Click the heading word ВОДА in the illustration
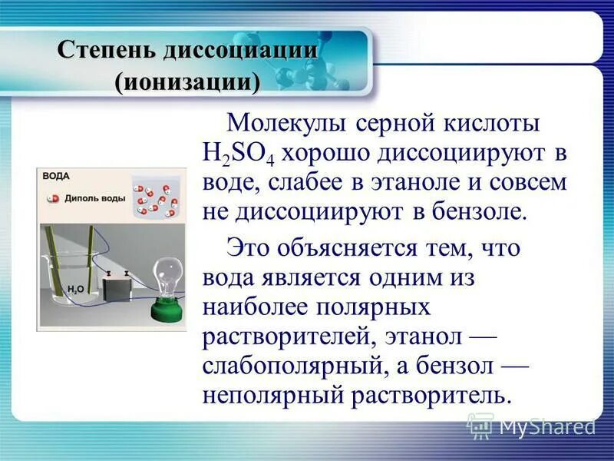click(56, 176)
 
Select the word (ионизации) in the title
click(187, 80)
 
